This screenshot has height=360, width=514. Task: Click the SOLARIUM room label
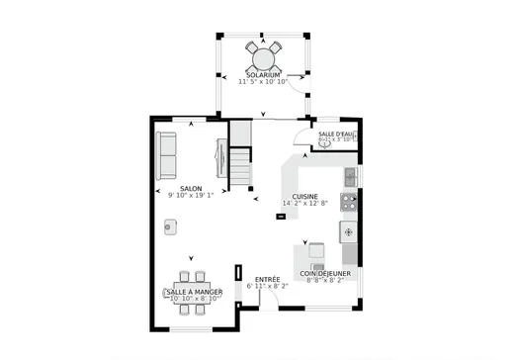click(x=263, y=74)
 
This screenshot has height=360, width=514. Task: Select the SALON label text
click(x=191, y=188)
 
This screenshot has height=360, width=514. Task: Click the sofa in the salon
click(x=166, y=154)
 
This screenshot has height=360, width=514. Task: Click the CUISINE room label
click(x=304, y=196)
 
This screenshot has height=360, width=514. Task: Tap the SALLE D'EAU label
click(x=336, y=133)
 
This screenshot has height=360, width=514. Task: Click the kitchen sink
click(x=350, y=177)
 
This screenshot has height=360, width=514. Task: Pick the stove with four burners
click(x=349, y=203)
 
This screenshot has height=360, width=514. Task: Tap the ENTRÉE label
click(x=268, y=279)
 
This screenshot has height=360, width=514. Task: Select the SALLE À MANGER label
click(x=193, y=293)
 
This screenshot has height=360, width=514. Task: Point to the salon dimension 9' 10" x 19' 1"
click(x=191, y=196)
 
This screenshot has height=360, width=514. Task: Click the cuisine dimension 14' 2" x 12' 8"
click(x=304, y=204)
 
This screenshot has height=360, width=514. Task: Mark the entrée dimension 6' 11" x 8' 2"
click(x=268, y=287)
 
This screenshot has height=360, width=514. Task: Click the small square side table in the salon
click(x=170, y=227)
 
